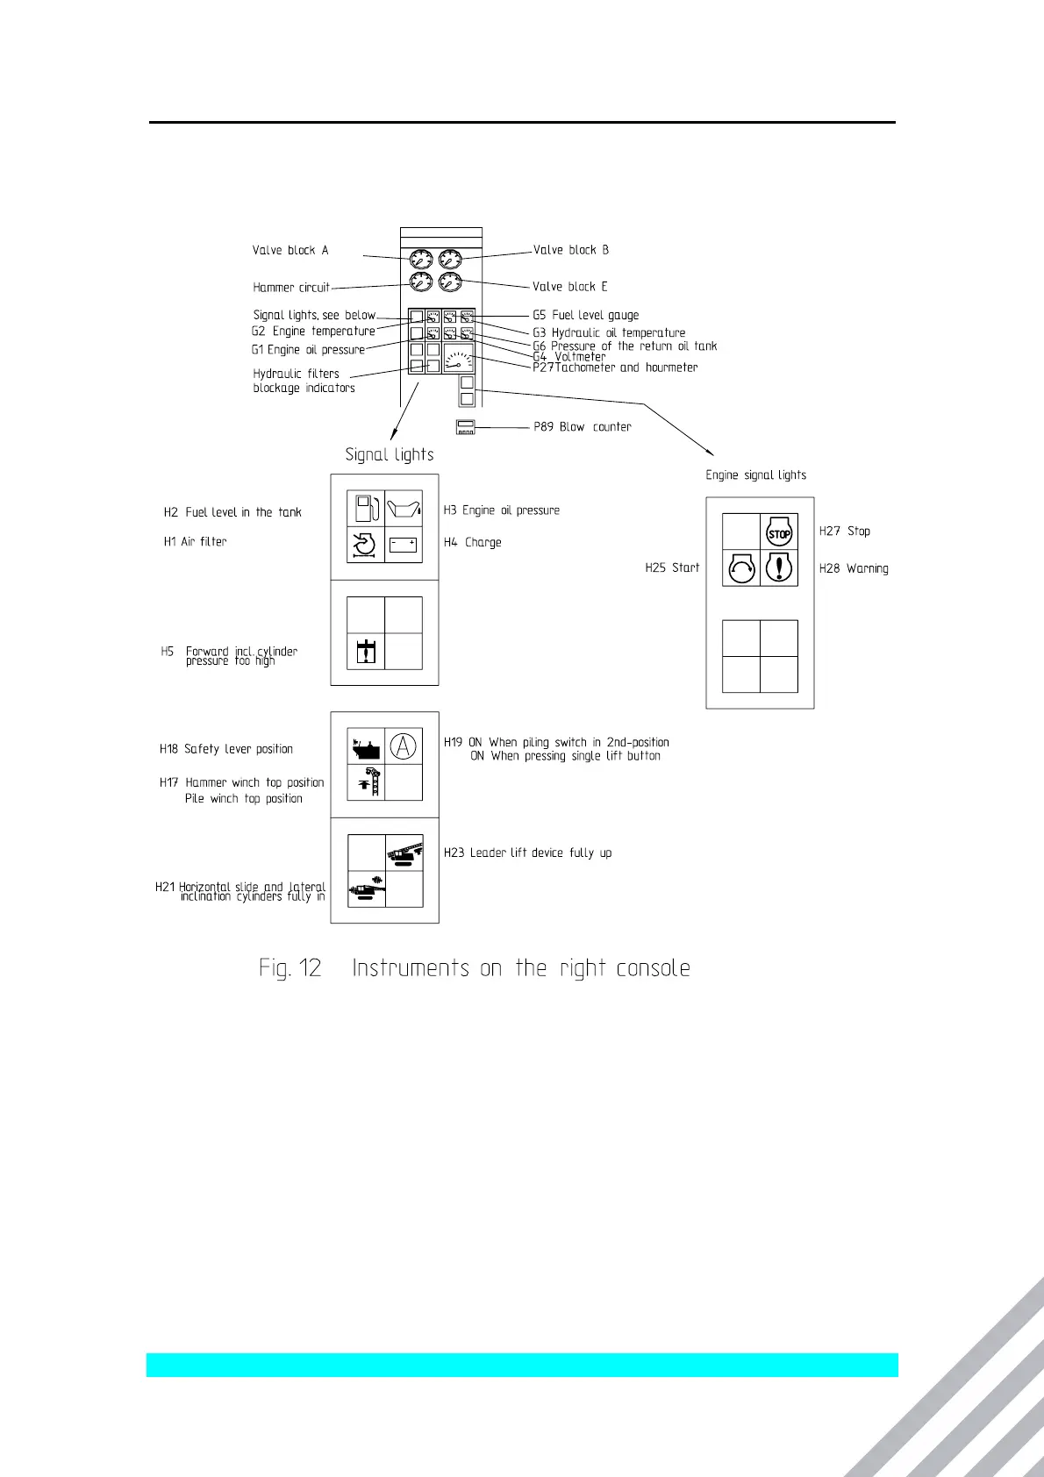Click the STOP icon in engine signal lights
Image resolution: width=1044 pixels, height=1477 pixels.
point(779,532)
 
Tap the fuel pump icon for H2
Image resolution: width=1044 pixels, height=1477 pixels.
point(366,509)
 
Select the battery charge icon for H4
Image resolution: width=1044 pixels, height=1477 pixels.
point(404,545)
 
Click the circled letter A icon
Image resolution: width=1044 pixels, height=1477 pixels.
point(403,746)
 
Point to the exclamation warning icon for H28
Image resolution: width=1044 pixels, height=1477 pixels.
point(779,568)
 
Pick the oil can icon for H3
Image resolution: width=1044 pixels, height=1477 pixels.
point(404,509)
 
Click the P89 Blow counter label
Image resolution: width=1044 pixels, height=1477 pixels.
point(583,427)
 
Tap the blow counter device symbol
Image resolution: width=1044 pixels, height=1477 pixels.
point(465,427)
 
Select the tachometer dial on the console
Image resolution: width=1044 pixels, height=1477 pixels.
point(459,358)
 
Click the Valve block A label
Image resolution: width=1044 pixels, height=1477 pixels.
point(290,251)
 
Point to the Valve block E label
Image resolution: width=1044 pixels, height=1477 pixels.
point(570,287)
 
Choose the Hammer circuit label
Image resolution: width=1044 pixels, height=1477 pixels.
point(291,288)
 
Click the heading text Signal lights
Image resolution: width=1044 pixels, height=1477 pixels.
point(390,454)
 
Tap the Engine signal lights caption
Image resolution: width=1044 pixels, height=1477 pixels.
point(756,475)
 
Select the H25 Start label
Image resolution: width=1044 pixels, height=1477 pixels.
point(672,568)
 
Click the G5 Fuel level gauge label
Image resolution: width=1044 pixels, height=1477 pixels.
point(586,316)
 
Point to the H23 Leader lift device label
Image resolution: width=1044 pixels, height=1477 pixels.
point(528,853)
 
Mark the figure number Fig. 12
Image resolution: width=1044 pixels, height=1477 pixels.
point(290,968)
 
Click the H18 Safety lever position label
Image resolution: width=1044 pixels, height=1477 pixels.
point(226,749)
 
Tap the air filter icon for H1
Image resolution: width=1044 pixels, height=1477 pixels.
point(365,545)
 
